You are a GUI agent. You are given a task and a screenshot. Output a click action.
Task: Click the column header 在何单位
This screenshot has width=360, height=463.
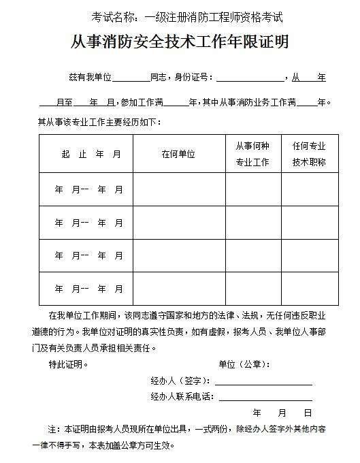178,154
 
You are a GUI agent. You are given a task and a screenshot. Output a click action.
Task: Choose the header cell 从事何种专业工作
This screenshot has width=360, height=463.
252,154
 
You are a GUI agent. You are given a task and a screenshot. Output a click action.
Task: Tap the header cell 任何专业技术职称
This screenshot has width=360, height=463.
309,154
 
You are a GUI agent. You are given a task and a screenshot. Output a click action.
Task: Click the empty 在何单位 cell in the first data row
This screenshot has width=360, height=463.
178,189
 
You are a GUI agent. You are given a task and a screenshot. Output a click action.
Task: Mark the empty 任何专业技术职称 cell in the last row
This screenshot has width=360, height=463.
309,289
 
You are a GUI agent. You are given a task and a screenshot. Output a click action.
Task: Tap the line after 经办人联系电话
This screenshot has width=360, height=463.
264,397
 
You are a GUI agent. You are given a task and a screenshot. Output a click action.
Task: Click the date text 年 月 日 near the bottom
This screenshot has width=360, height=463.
282,413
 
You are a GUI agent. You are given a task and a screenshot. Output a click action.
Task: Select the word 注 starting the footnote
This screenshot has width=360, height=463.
51,430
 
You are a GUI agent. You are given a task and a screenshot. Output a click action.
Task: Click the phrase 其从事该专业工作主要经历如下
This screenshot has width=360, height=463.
99,122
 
